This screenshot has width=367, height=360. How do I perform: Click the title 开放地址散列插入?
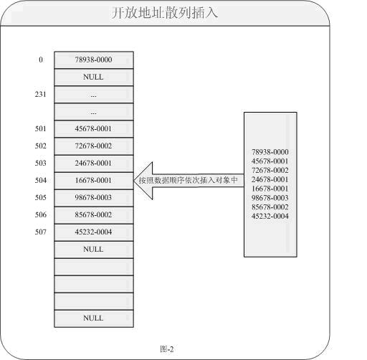(165, 13)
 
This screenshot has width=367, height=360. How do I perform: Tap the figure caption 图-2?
(167, 349)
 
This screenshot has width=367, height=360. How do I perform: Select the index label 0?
(41, 60)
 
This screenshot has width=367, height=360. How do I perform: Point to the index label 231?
(41, 94)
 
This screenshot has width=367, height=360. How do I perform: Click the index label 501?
(41, 128)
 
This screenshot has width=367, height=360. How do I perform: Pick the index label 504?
(41, 180)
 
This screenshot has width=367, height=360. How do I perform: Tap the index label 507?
(41, 232)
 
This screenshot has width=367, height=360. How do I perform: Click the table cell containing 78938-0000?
(94, 60)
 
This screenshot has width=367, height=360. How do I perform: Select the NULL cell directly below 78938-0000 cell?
(94, 77)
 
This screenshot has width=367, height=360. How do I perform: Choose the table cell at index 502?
(94, 146)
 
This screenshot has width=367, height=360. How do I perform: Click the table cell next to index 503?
(94, 164)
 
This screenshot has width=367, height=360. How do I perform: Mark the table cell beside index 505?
(94, 198)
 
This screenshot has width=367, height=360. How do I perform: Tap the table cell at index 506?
(94, 215)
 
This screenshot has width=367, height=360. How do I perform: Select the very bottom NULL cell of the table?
(94, 318)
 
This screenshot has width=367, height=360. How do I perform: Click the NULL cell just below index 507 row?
(94, 250)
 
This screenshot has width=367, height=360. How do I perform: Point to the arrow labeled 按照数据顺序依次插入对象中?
(189, 181)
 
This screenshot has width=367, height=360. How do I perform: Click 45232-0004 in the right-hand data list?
(270, 217)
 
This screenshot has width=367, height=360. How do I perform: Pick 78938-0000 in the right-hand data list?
(270, 152)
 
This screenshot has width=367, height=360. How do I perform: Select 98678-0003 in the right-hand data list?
(270, 198)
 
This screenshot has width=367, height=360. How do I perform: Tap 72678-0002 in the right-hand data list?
(270, 171)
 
